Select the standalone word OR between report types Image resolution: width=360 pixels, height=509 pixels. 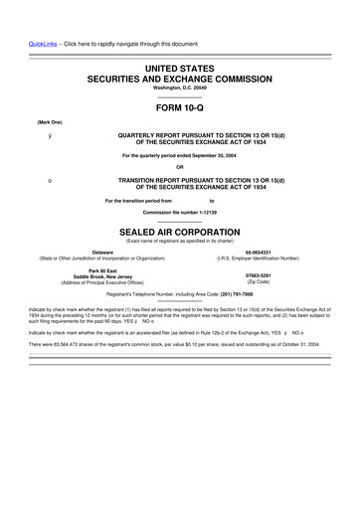click(179, 166)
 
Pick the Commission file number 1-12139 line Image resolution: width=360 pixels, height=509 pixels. click(179, 213)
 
